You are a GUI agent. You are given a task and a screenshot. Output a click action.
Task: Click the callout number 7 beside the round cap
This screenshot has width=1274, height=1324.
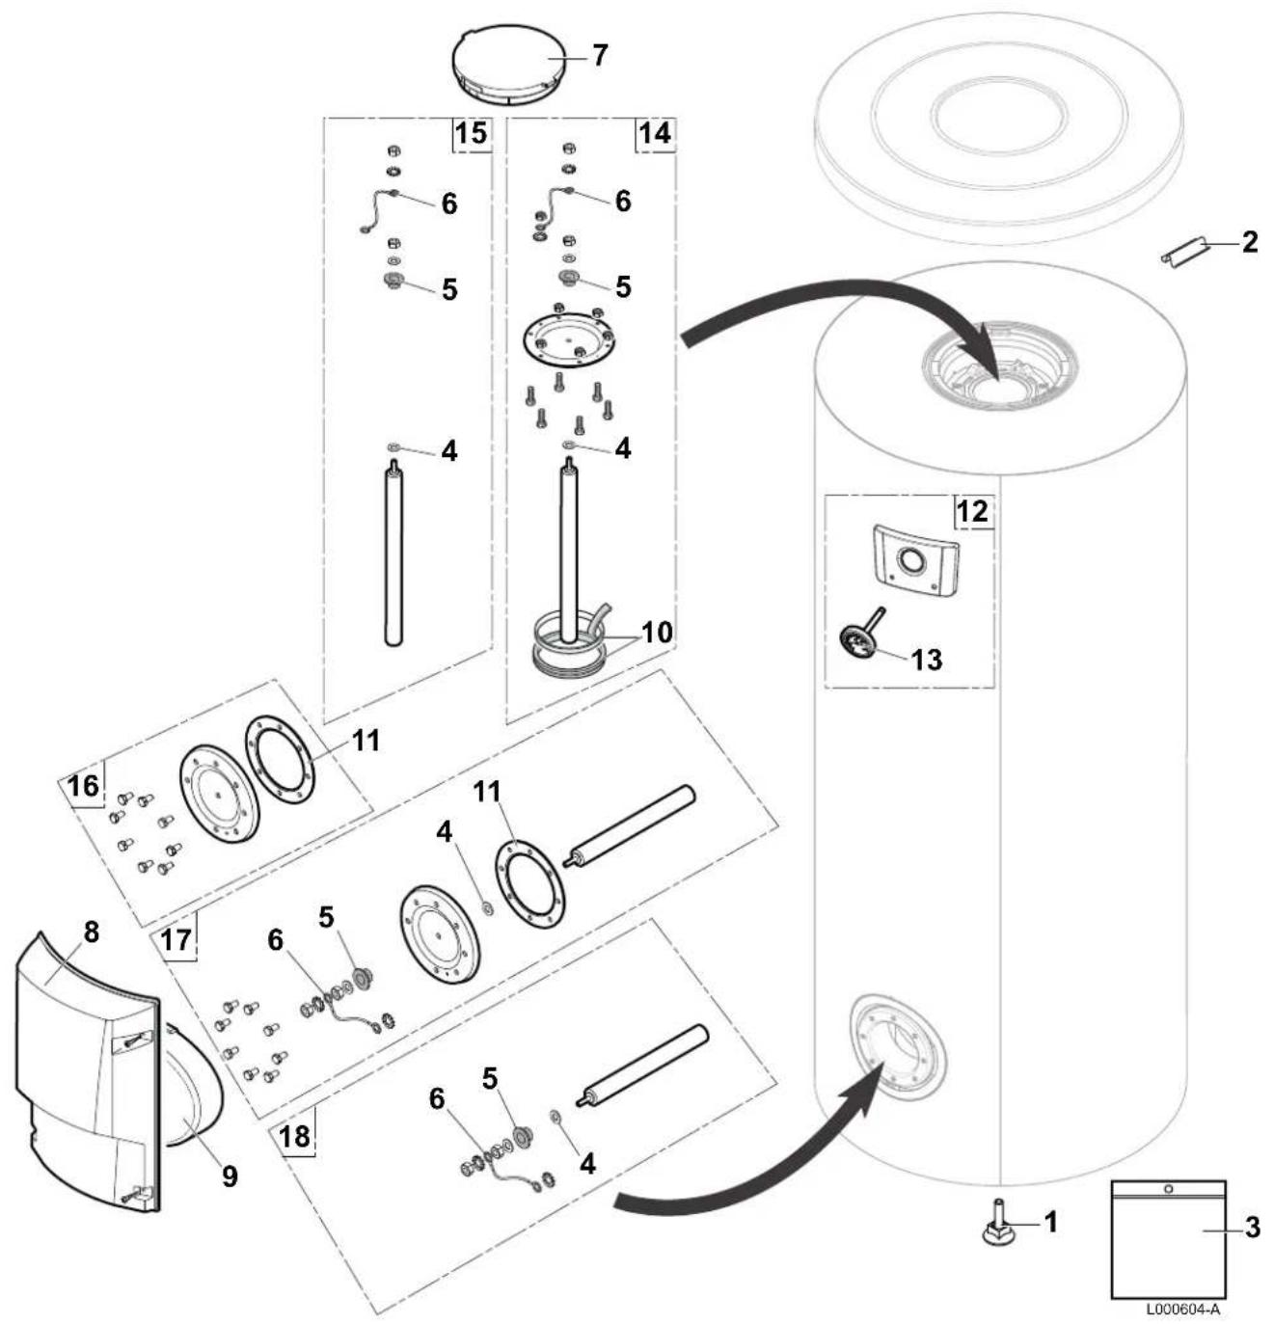tap(599, 55)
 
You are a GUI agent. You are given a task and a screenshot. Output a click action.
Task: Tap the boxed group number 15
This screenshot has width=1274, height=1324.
tap(471, 133)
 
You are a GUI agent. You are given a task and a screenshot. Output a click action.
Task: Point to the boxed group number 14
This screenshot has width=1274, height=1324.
tap(654, 133)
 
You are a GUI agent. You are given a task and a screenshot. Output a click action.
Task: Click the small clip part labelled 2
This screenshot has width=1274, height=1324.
tap(1182, 253)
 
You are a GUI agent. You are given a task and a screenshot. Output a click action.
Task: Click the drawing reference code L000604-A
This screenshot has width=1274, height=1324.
tap(1182, 1309)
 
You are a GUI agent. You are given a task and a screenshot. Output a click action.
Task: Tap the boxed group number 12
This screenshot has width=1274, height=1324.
tap(972, 510)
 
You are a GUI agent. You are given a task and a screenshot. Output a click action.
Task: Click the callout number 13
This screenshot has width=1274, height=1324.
tap(927, 660)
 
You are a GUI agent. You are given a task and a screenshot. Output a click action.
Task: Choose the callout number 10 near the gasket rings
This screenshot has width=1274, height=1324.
tap(656, 632)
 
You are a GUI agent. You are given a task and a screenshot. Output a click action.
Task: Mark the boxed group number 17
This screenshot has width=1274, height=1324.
tap(176, 940)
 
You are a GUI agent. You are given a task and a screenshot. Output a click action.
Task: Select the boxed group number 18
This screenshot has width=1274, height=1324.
tap(295, 1136)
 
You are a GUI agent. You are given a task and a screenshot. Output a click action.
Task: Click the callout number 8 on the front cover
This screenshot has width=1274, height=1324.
tap(92, 932)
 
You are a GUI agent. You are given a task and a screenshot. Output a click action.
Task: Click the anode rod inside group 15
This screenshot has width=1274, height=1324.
tap(393, 552)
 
